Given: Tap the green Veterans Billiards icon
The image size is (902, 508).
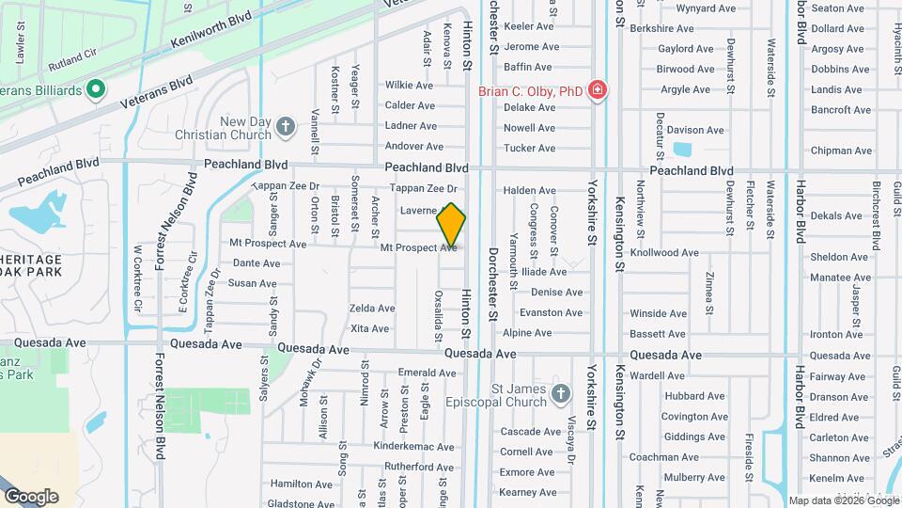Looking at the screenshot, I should [x=94, y=90].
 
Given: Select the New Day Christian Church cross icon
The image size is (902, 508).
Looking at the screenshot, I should [x=286, y=125].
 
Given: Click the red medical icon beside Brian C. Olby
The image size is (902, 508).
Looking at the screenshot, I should [x=596, y=90].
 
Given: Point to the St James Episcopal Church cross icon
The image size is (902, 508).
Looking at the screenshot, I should [x=561, y=393].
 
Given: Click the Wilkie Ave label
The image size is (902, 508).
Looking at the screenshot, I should [x=409, y=85].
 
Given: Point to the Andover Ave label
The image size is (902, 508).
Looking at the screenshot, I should [x=413, y=147].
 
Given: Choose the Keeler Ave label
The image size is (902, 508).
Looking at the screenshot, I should [x=531, y=26].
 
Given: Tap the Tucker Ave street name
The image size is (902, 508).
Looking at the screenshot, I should [x=530, y=149].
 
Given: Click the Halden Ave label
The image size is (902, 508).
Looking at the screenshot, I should [x=530, y=190].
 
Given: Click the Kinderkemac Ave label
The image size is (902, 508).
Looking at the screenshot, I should [x=413, y=445].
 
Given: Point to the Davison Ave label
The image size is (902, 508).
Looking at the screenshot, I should [x=696, y=130].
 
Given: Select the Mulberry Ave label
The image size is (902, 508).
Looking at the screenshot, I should [x=691, y=478].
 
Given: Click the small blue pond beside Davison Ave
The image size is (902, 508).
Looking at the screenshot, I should [x=682, y=149].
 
